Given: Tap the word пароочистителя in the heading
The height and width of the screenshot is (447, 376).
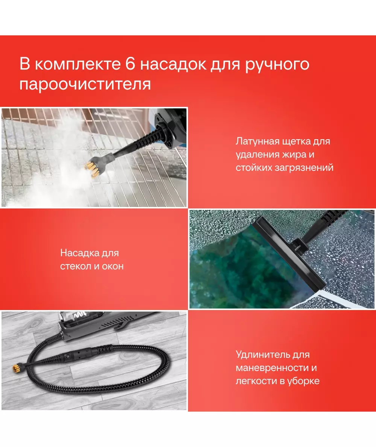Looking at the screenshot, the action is [x=85, y=84].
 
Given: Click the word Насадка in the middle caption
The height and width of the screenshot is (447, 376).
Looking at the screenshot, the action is [x=76, y=253].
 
